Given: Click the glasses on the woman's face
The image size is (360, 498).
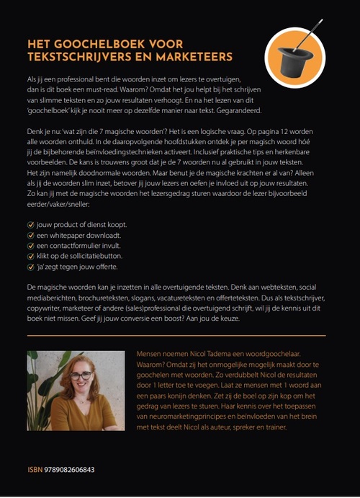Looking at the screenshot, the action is (81, 375).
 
